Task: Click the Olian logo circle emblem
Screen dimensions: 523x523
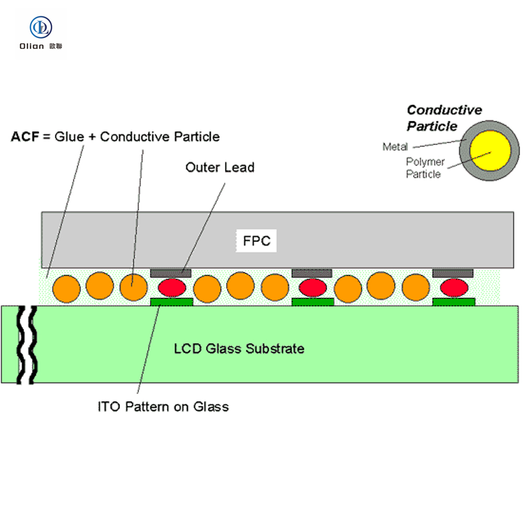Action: pyautogui.click(x=41, y=27)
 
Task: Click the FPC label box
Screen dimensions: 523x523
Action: pyautogui.click(x=256, y=241)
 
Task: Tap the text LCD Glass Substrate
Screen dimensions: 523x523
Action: pyautogui.click(x=239, y=348)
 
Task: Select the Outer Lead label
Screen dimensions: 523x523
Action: pyautogui.click(x=220, y=167)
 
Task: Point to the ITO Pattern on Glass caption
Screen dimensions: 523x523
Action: pyautogui.click(x=163, y=406)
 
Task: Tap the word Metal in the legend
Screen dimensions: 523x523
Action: pyautogui.click(x=395, y=147)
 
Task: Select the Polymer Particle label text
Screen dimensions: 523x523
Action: pyautogui.click(x=425, y=168)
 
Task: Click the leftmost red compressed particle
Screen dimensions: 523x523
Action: pyautogui.click(x=172, y=287)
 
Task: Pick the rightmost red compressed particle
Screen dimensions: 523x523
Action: pyautogui.click(x=453, y=287)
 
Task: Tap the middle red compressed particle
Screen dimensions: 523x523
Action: pyautogui.click(x=312, y=287)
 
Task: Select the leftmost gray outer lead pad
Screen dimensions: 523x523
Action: pyautogui.click(x=171, y=272)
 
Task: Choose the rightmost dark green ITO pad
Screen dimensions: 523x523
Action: pyautogui.click(x=454, y=302)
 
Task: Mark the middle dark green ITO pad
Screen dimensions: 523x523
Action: pyautogui.click(x=313, y=302)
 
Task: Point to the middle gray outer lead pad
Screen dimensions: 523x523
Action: pyautogui.click(x=312, y=272)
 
